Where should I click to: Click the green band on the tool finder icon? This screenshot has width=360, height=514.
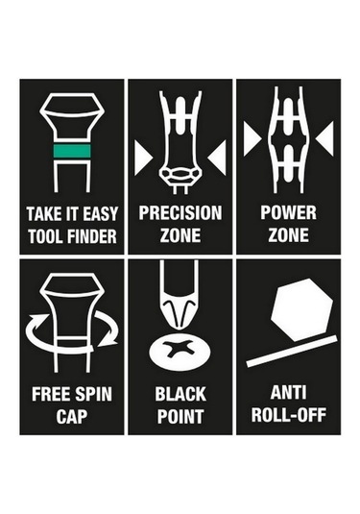(x=72, y=151)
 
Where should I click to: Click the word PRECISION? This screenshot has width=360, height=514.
(x=180, y=213)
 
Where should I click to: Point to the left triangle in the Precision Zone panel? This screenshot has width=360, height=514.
(x=143, y=158)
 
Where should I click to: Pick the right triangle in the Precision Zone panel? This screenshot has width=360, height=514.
(x=217, y=158)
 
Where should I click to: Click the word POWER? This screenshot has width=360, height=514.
(x=288, y=212)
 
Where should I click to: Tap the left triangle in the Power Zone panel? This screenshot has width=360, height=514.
(x=252, y=138)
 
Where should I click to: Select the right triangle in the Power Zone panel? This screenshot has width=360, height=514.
(x=324, y=138)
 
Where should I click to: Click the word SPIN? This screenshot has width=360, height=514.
(x=94, y=394)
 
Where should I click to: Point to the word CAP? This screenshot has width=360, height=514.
(x=71, y=416)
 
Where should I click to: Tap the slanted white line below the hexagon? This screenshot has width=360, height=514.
(x=292, y=351)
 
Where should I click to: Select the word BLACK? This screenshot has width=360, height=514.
(x=180, y=394)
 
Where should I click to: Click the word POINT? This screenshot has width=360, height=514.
(x=180, y=416)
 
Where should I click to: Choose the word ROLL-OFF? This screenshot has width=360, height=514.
(x=289, y=415)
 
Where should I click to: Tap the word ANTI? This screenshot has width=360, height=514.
(x=289, y=393)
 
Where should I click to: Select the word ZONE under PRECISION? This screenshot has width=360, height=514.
(x=180, y=235)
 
